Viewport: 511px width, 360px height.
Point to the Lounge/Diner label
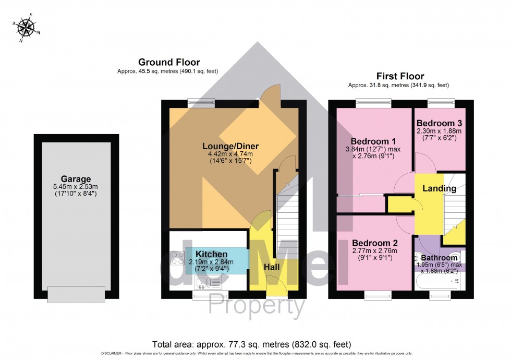pos(230,146)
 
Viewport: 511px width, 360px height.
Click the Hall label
pos(272,267)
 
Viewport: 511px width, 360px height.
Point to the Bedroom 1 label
pos(370,141)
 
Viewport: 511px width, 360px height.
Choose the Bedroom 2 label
pos(374,243)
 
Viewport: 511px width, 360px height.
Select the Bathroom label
pos(440,258)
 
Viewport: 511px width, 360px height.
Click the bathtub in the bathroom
pos(438,282)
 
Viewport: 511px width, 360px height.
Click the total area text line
pos(251,344)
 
